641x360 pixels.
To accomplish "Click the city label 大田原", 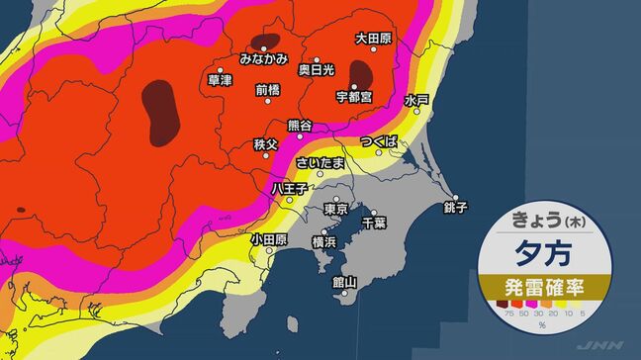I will [x=375, y=39].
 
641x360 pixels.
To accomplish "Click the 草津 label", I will [x=220, y=79].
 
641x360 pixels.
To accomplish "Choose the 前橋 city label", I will [x=268, y=89].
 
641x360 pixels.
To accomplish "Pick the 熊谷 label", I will [x=299, y=125].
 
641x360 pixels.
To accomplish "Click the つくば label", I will [x=379, y=142].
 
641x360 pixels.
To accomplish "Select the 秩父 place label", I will [x=267, y=144].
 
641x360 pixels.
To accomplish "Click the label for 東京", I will [x=336, y=210].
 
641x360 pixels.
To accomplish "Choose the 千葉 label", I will [x=373, y=223].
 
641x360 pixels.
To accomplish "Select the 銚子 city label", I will [x=455, y=208].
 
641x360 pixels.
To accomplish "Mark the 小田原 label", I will [x=269, y=238].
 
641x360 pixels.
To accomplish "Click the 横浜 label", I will [x=324, y=241].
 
